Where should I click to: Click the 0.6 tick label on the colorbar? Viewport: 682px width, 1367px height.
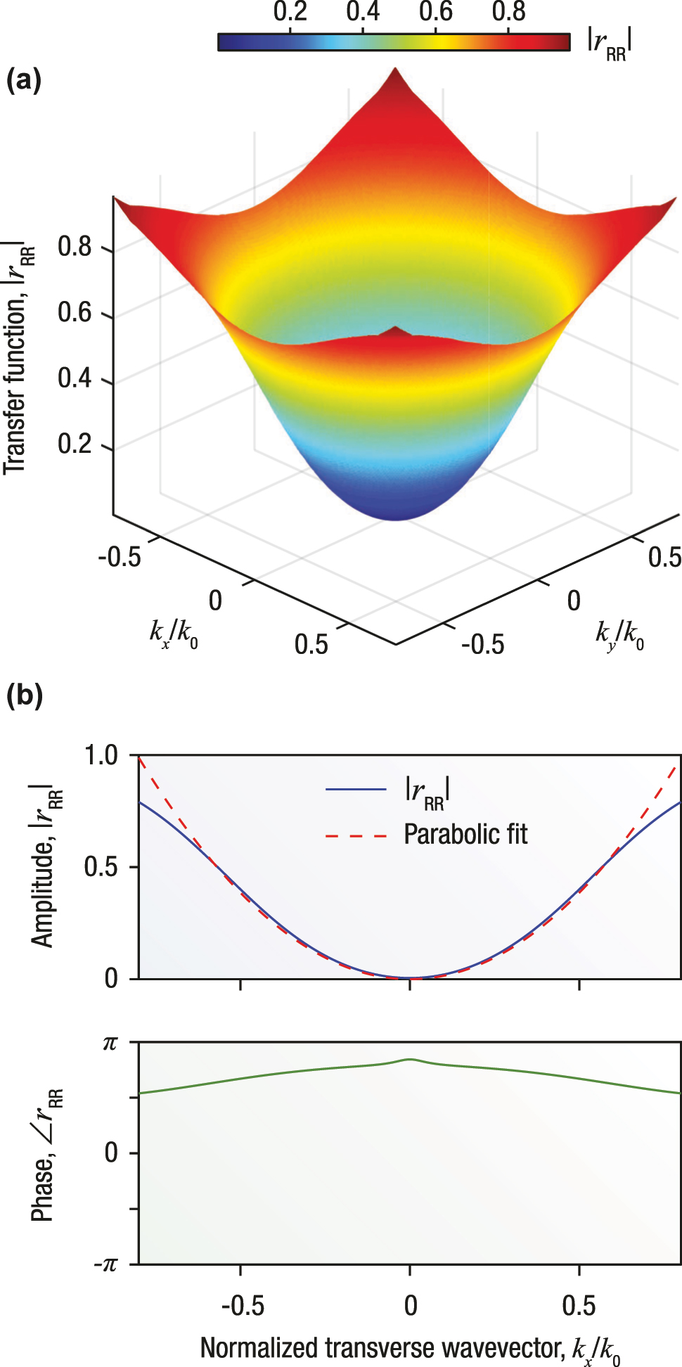pyautogui.click(x=435, y=12)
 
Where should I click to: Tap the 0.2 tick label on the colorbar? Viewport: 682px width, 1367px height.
pyautogui.click(x=290, y=12)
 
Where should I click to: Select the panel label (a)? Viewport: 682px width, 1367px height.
pyautogui.click(x=23, y=81)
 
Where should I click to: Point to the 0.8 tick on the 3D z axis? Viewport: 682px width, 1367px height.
pyautogui.click(x=75, y=248)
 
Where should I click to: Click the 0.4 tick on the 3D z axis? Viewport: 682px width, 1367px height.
pyautogui.click(x=75, y=379)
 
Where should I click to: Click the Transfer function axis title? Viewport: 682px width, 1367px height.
pyautogui.click(x=19, y=359)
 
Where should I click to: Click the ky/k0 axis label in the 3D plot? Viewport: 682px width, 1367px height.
pyautogui.click(x=619, y=636)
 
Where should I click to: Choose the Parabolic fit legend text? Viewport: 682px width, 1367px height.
pyautogui.click(x=465, y=835)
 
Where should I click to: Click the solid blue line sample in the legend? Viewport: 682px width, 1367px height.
pyautogui.click(x=356, y=790)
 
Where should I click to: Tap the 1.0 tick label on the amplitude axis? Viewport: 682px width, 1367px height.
pyautogui.click(x=101, y=756)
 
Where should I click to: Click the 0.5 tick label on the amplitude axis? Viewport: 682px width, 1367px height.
pyautogui.click(x=101, y=867)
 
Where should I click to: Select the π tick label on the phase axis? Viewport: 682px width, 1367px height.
pyautogui.click(x=110, y=1043)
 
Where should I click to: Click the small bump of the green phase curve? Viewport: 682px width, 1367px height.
pyautogui.click(x=410, y=1060)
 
